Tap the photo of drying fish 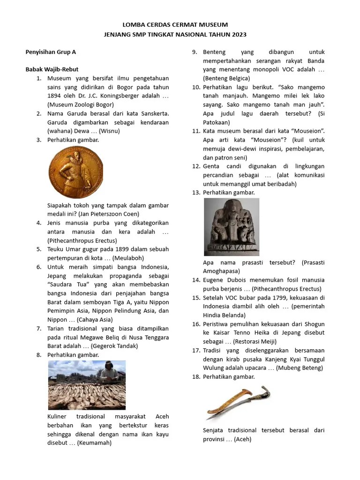pos(87,385)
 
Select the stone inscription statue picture pos(231,226)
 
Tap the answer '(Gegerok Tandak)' pos(114,346)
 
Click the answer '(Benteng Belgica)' pos(226,78)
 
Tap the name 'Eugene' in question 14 pos(214,280)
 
